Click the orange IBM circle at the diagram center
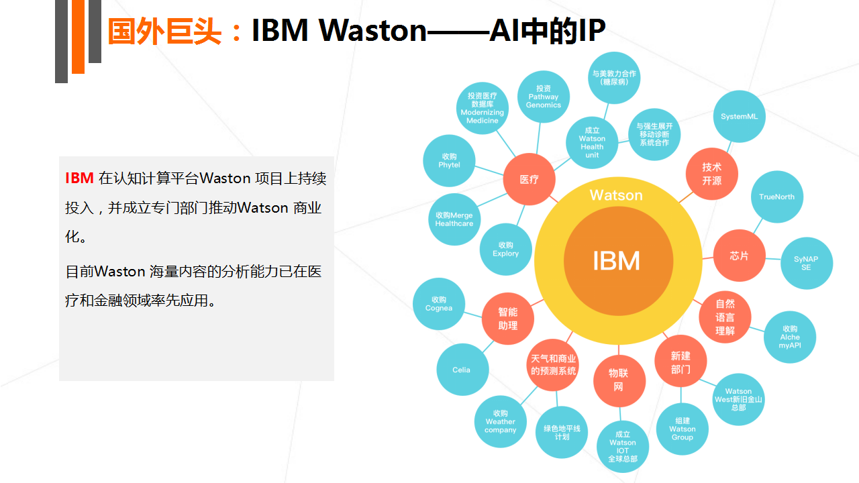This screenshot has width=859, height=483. point(618,261)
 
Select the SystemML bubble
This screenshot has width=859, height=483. point(739,117)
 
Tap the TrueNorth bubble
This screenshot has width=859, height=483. point(776,197)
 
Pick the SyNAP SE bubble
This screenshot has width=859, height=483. point(806,264)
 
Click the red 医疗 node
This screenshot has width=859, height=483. point(529,179)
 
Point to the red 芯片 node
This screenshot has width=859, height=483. point(739,256)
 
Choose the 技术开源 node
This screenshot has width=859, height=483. point(712,174)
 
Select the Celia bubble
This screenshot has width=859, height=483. point(462,370)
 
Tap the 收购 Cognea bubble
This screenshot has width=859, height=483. point(439,304)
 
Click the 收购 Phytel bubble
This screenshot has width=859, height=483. point(449,160)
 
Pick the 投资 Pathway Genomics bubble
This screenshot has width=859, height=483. point(544,97)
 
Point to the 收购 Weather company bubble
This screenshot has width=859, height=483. point(500,422)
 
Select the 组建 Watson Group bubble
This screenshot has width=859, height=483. point(683,429)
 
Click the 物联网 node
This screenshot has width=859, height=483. point(619,380)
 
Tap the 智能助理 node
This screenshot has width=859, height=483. point(508,319)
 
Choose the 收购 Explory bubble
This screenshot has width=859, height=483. point(506,249)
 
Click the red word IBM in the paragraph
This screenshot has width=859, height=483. point(79,178)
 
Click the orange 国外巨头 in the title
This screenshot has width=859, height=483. point(164,32)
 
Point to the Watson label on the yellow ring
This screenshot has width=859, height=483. point(616,195)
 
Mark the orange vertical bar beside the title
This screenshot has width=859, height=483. point(79,37)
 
